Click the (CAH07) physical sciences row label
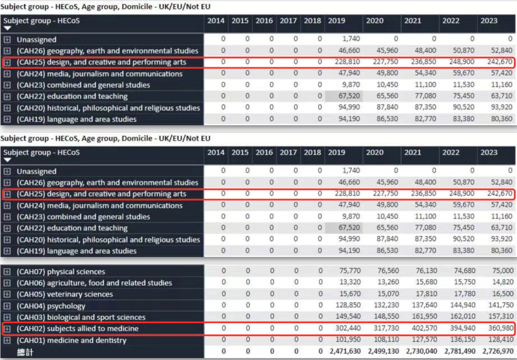pyautogui.click(x=61, y=272)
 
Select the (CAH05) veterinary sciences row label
pyautogui.click(x=64, y=294)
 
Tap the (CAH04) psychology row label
pyautogui.click(x=51, y=306)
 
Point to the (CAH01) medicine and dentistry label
pyautogui.click(x=71, y=340)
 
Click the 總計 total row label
pyautogui.click(x=25, y=352)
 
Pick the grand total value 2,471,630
pyautogui.click(x=345, y=351)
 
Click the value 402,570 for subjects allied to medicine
pyautogui.click(x=424, y=328)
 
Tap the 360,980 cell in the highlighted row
pyautogui.click(x=501, y=328)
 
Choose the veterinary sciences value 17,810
pyautogui.click(x=426, y=294)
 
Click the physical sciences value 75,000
pyautogui.click(x=502, y=271)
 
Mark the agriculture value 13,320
pyautogui.click(x=350, y=282)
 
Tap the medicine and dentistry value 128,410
pyautogui.click(x=501, y=340)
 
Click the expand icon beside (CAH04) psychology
pyautogui.click(x=7, y=306)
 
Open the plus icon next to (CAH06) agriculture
pyautogui.click(x=7, y=283)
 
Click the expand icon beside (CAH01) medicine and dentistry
pyautogui.click(x=7, y=340)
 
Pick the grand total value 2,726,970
pyautogui.click(x=498, y=351)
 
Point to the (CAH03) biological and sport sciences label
pyautogui.click(x=81, y=317)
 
